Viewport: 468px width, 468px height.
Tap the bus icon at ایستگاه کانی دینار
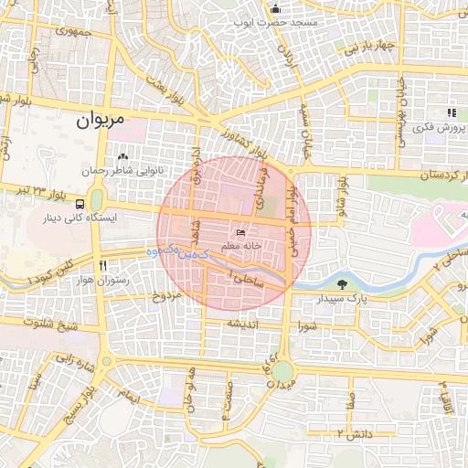[x=81, y=204]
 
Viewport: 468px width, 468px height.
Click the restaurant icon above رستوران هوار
[x=114, y=265]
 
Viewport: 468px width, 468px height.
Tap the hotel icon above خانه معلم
[x=240, y=233]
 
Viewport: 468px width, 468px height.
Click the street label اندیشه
[x=246, y=324]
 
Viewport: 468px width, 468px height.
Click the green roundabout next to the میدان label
[x=283, y=371]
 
